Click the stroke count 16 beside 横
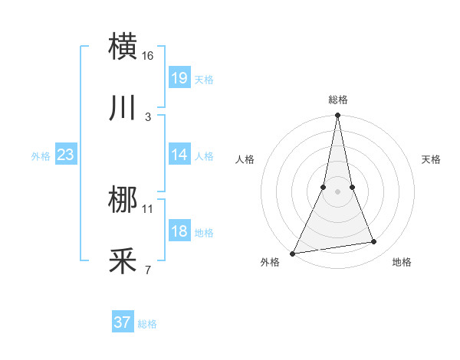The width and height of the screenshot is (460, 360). coord(148,56)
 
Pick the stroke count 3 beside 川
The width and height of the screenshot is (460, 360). coord(148,116)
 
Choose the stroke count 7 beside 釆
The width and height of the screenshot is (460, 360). coord(148,270)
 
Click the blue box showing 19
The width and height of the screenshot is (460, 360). coord(179,77)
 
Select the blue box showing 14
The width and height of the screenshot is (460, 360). coord(179,155)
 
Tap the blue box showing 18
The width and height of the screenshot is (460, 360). coord(179,231)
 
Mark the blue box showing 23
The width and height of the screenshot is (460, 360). coord(66,155)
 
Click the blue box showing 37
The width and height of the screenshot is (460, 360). coord(123,322)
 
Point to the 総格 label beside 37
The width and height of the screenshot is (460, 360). coord(147,324)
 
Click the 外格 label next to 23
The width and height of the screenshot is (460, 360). coord(41,156)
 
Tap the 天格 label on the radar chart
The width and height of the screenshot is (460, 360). coord(432,159)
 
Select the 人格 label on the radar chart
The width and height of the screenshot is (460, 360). coord(245,159)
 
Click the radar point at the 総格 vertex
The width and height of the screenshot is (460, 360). coord(337,116)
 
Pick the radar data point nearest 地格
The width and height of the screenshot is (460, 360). coord(374,242)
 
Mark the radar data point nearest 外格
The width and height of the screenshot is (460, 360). coord(293,254)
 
